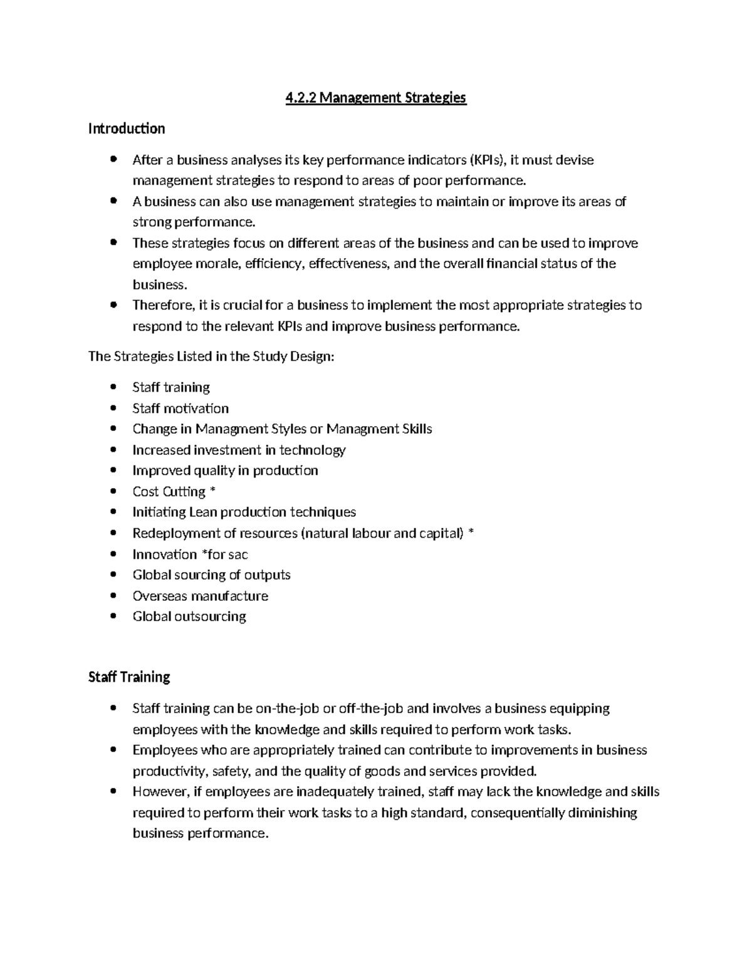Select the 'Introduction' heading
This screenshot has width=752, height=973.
point(127,129)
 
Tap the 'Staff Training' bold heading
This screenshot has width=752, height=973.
point(129,677)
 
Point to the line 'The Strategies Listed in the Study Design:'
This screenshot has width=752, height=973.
point(212,356)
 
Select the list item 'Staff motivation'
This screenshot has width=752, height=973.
point(180,408)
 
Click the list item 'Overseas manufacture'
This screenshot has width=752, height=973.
point(200,596)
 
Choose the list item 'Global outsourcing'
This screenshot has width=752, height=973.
point(189,617)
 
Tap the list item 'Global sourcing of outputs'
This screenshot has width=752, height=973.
point(211,575)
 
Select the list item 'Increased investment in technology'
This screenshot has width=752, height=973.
point(239,450)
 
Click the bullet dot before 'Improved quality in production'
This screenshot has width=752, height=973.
point(113,471)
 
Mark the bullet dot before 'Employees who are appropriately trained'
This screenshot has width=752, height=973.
point(113,750)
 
